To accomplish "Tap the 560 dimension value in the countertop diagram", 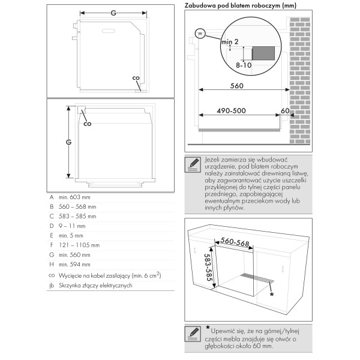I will coord(236,86).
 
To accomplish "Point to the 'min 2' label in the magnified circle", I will coord(229,41).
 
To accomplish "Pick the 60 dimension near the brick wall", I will coord(284,111).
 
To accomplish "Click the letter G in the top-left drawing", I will coord(112,12).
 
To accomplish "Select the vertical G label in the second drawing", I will coord(68,142).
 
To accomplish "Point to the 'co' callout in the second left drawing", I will coord(87,124).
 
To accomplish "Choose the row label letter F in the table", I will coord(52,245).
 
